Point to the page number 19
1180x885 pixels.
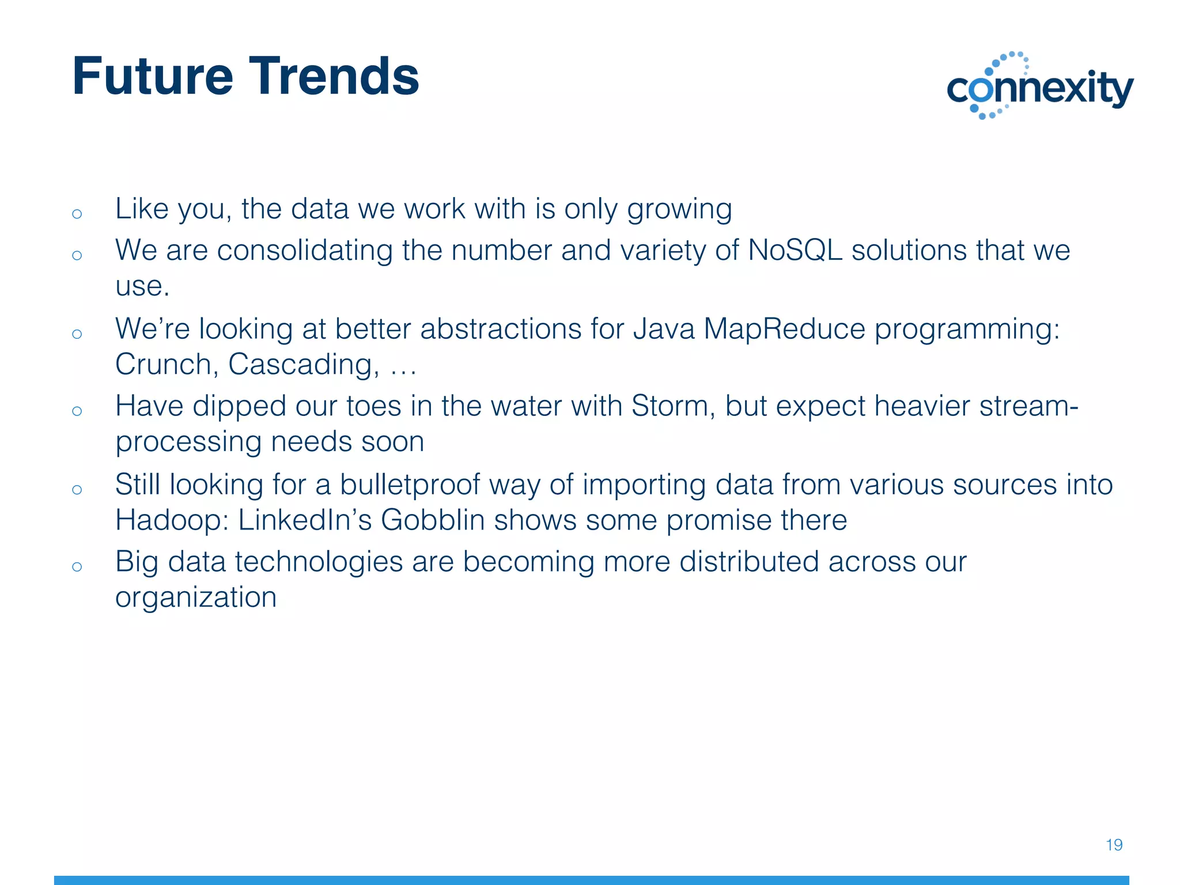tap(1114, 845)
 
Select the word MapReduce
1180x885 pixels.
tap(784, 329)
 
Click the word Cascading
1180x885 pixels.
tap(303, 365)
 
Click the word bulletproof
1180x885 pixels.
tap(410, 485)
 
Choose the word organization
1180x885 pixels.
tap(196, 597)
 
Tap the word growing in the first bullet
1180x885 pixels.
tap(679, 209)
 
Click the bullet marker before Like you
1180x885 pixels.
tap(77, 214)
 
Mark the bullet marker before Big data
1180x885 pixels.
tap(77, 566)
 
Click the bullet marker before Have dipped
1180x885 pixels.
tap(77, 411)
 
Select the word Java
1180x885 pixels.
tap(664, 329)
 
